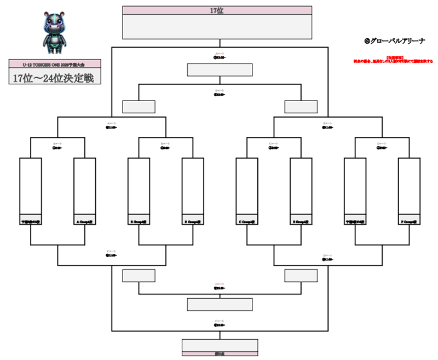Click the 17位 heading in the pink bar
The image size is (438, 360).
point(217,10)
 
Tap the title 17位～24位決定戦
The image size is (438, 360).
point(54,78)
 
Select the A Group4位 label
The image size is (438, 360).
point(85,222)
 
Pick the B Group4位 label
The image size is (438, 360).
point(139,222)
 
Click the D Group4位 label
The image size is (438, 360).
point(193,222)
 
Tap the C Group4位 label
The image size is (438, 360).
point(247,222)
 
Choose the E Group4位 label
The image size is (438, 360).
point(301,222)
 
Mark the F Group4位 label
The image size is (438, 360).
point(409,222)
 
